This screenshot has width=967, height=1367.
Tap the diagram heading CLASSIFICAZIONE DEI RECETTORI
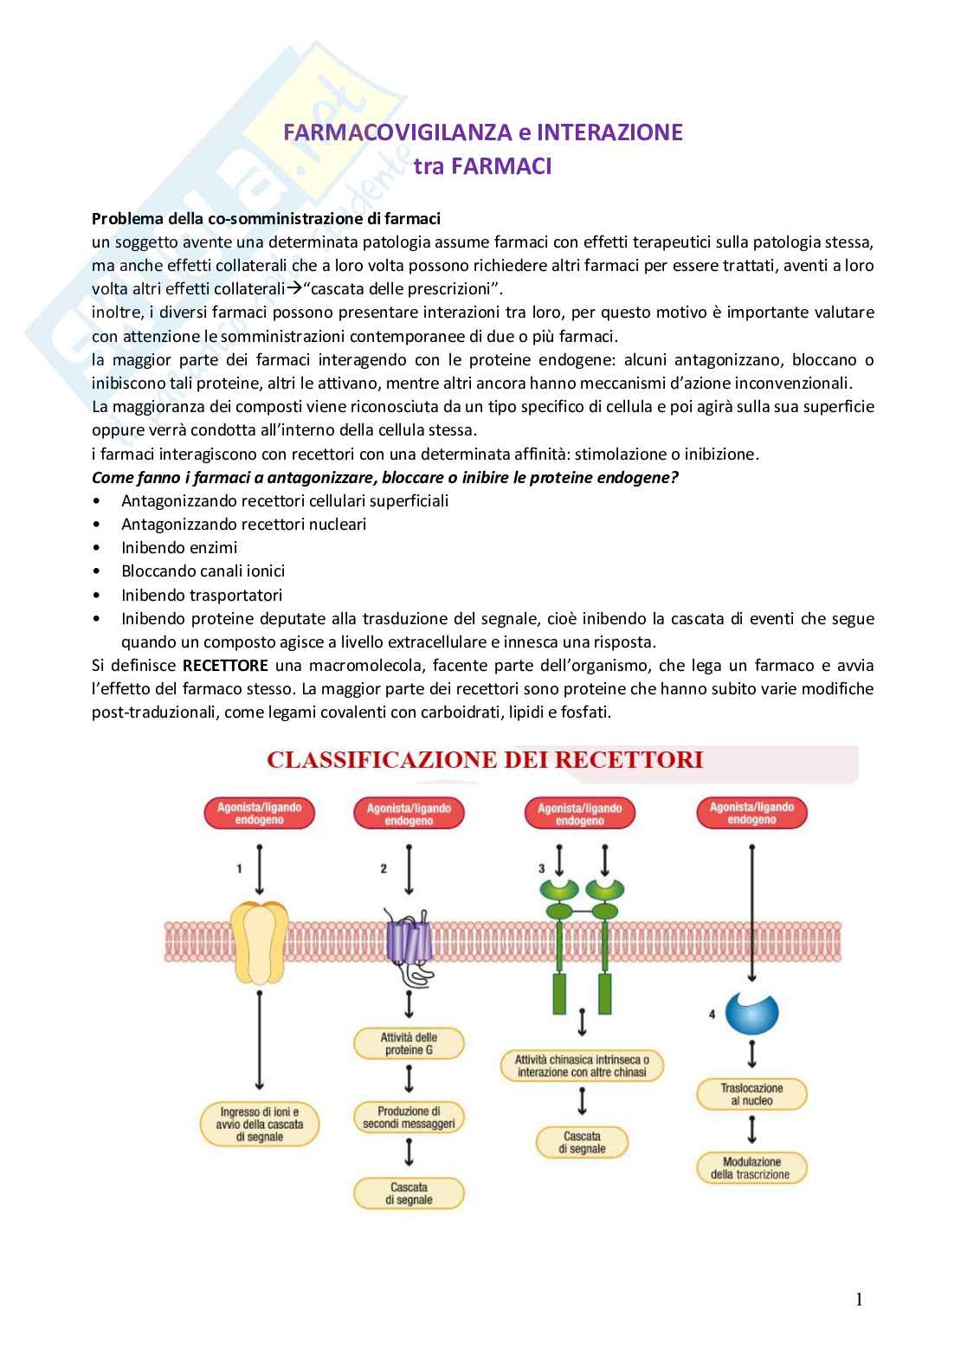(x=485, y=760)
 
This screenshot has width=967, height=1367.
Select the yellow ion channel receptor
(x=261, y=942)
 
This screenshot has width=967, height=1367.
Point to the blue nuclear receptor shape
(x=751, y=1013)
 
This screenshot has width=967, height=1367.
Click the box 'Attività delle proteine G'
(x=409, y=1043)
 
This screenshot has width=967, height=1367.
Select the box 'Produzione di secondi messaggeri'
(x=409, y=1118)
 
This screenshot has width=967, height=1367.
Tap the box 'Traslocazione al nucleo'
(x=751, y=1094)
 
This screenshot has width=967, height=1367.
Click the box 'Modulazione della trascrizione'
(x=751, y=1168)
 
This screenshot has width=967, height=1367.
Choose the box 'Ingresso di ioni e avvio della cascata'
(x=260, y=1124)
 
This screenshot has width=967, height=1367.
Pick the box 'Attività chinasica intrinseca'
(x=582, y=1066)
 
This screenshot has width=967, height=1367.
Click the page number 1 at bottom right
(x=859, y=1299)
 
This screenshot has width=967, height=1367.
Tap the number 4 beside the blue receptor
(x=712, y=1014)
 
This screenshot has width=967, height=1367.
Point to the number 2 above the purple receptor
(x=384, y=868)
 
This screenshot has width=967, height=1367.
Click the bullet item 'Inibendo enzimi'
(x=179, y=548)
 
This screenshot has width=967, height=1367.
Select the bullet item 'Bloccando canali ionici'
(x=203, y=571)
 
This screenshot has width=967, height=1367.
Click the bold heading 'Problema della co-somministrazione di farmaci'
(x=266, y=218)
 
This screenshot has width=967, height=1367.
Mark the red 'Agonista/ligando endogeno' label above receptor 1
(x=260, y=813)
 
